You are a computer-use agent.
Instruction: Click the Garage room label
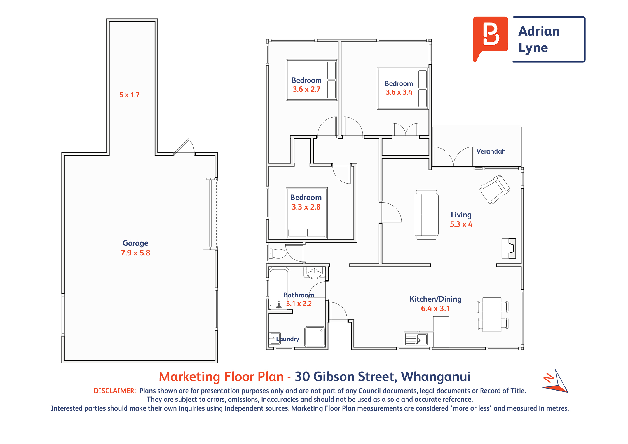(135, 243)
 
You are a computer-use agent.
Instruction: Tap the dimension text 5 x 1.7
(129, 95)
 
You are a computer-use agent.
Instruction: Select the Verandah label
(491, 151)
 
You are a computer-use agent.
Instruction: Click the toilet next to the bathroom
(277, 253)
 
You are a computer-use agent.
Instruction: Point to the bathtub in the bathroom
(279, 288)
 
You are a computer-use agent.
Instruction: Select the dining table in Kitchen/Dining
(492, 314)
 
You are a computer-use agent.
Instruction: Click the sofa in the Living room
(427, 215)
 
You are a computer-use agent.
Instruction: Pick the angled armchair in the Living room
(495, 189)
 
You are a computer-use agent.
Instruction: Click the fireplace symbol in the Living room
(509, 248)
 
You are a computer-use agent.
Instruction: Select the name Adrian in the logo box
(539, 31)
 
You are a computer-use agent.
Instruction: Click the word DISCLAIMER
(115, 391)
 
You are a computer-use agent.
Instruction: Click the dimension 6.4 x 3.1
(435, 309)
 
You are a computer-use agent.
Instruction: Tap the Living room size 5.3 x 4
(461, 224)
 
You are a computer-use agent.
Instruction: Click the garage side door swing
(184, 146)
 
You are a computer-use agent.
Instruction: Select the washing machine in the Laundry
(315, 337)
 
